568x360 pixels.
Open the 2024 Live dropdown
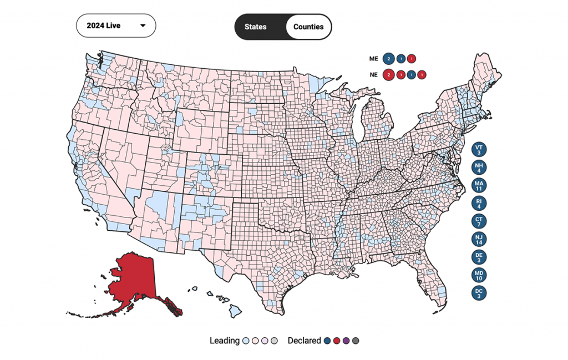[116, 26]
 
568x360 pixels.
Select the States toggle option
[256, 27]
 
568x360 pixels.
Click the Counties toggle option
[308, 27]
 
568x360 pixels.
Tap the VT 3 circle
[479, 149]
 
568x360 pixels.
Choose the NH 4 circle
[479, 167]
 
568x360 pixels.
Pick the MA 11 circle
[479, 185]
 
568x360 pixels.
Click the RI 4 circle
[479, 203]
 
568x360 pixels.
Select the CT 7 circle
[479, 221]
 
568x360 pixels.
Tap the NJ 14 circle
[479, 239]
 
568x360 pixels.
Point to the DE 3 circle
[479, 257]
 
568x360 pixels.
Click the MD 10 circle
[479, 275]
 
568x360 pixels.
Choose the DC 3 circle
[479, 292]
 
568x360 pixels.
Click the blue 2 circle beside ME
[389, 58]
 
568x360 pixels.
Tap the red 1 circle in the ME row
[411, 58]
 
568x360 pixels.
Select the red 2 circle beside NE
[389, 74]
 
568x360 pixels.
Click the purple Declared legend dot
[346, 341]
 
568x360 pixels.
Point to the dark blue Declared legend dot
[327, 341]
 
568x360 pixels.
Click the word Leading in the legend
[224, 341]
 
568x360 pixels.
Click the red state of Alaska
[133, 277]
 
